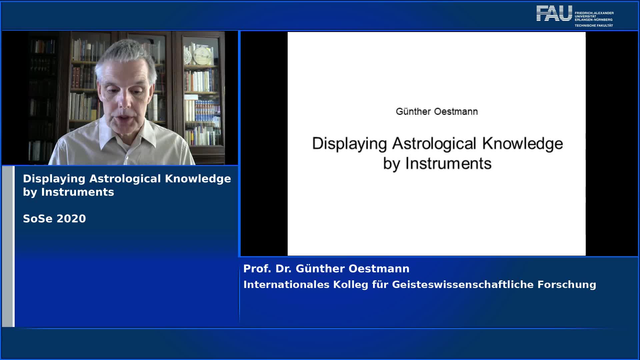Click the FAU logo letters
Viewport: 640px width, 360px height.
click(554, 13)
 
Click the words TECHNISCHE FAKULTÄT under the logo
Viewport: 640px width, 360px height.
click(594, 26)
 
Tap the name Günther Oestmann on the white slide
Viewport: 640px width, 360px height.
click(437, 111)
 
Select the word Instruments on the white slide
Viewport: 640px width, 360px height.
click(448, 164)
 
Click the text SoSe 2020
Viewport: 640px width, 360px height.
click(54, 219)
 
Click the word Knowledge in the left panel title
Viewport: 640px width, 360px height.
click(198, 179)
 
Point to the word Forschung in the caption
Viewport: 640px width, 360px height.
click(567, 285)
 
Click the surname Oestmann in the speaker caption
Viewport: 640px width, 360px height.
click(379, 269)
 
